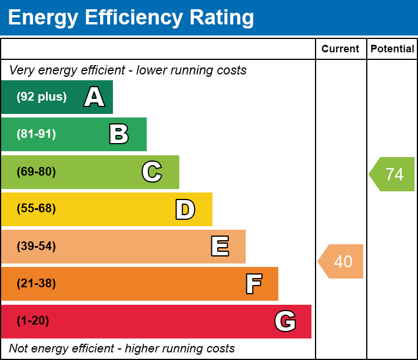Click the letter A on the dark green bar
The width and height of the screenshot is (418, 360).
(94, 97)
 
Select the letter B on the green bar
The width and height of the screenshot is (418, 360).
(119, 134)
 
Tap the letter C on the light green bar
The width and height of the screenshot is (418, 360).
(152, 172)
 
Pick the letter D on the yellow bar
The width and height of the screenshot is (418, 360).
(185, 209)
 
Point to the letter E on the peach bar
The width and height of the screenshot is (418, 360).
(219, 247)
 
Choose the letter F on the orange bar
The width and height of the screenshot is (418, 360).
(253, 284)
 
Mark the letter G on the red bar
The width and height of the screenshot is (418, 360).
(285, 321)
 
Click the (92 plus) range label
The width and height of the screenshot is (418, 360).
(41, 97)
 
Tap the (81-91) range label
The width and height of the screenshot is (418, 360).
(36, 134)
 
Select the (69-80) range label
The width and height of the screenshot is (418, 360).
(36, 172)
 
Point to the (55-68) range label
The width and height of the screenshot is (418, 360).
(36, 209)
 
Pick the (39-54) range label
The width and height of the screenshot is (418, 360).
(36, 246)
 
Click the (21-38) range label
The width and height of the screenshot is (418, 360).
(36, 284)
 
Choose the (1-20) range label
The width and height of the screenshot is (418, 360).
(33, 321)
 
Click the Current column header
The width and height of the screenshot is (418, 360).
(341, 49)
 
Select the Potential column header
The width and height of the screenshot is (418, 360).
(392, 49)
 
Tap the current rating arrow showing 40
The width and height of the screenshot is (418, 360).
(342, 262)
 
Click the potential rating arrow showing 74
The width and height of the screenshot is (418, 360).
(393, 174)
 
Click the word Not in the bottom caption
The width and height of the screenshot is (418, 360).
(19, 348)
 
